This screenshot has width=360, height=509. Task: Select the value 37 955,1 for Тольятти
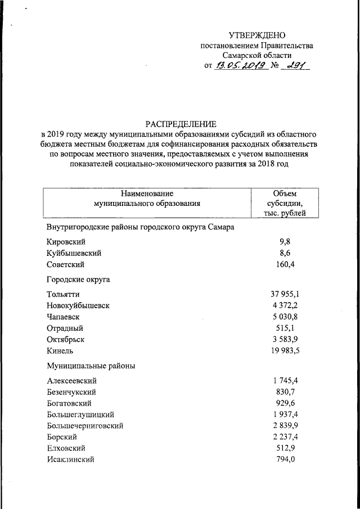tap(285, 294)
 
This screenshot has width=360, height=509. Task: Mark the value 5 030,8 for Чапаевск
tap(285, 317)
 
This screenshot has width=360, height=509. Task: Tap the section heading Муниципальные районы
tap(91, 366)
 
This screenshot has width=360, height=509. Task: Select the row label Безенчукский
tap(71, 392)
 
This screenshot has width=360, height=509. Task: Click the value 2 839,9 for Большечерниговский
tap(285, 426)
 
